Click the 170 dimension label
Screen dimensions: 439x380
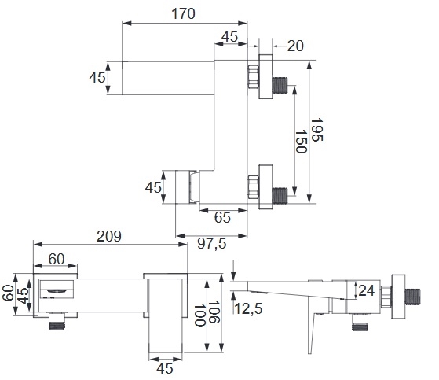point(184,13)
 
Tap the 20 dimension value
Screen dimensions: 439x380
point(295,46)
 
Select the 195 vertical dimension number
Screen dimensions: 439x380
point(317,130)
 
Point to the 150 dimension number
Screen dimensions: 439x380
point(302,142)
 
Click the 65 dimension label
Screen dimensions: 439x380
point(222,217)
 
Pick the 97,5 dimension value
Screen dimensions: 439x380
point(212,243)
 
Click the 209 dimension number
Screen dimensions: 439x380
point(109,236)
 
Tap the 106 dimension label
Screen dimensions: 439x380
point(214,312)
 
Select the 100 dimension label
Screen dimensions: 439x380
point(199,315)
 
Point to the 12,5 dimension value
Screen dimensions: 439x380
point(248,308)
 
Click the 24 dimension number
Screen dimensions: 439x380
point(367,290)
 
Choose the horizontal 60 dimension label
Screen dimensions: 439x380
point(57,259)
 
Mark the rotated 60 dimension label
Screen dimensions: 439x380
point(8,293)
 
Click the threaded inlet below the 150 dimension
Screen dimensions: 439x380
point(280,195)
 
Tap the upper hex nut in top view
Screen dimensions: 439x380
point(254,76)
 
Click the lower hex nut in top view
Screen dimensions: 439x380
point(254,187)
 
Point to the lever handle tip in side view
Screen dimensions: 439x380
point(309,352)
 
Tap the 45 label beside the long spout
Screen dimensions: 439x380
point(97,77)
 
